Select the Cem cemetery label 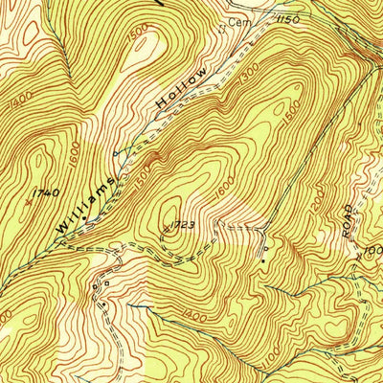(x=236, y=20)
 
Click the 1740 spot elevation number (x=46, y=193)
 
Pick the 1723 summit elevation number (x=183, y=225)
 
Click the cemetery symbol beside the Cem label (x=222, y=27)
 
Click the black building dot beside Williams (x=84, y=218)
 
